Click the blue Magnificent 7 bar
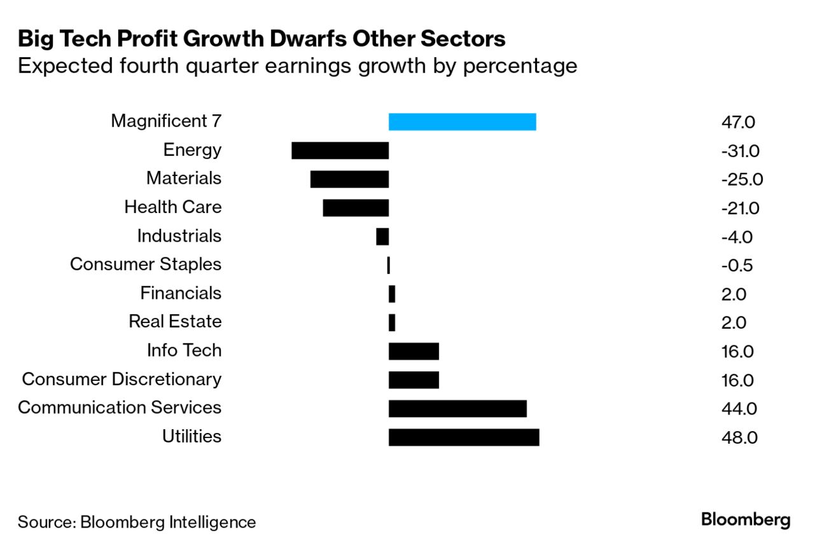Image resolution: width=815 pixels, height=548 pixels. click(x=462, y=121)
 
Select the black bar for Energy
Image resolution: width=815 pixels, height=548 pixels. click(x=340, y=151)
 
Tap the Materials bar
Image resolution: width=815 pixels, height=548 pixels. click(x=349, y=179)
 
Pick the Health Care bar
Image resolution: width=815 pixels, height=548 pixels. click(x=356, y=208)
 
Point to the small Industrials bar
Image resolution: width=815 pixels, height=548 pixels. click(x=382, y=236)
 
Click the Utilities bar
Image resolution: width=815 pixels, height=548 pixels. click(x=464, y=437)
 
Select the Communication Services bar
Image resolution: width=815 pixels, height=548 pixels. click(x=457, y=409)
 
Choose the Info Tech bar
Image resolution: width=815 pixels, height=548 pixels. click(x=414, y=351)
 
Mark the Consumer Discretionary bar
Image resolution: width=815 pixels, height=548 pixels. click(x=414, y=380)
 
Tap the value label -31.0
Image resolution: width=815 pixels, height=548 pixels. click(x=741, y=151)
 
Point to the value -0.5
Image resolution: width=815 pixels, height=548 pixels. click(x=737, y=266)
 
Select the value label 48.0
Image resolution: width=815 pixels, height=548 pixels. click(x=737, y=438)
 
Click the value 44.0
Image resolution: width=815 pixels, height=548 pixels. click(x=737, y=409)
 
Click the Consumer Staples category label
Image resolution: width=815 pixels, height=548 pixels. click(x=146, y=264)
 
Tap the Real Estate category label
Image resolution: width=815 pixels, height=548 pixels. click(x=175, y=322)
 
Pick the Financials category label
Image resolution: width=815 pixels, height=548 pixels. click(x=181, y=293)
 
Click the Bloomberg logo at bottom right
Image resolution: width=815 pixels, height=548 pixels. click(x=746, y=520)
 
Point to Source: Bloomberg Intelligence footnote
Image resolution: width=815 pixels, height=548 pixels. click(x=137, y=523)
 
